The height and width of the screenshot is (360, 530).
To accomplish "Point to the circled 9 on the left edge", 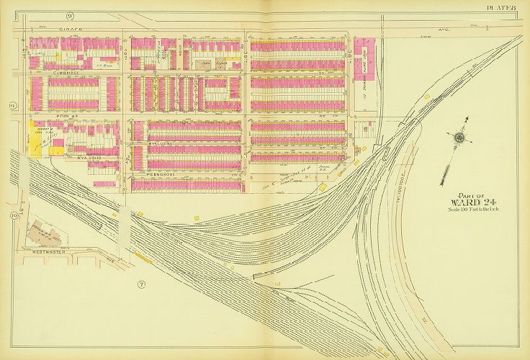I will tap(12, 106).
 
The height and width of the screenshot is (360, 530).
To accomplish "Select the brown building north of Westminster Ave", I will tap(45, 233).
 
